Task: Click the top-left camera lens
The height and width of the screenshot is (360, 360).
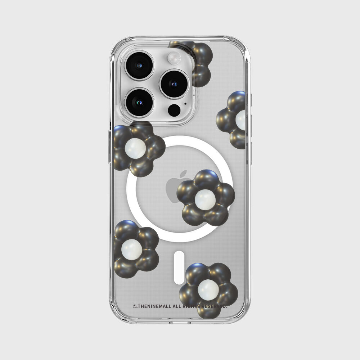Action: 139,66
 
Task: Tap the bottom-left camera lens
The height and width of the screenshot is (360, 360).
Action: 139,102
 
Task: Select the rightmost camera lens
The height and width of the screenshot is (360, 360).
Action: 175,84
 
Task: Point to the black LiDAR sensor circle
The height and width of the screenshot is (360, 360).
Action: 174,110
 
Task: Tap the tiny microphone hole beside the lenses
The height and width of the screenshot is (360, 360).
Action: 185,104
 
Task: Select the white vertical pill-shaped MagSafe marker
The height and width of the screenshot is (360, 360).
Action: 179,268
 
